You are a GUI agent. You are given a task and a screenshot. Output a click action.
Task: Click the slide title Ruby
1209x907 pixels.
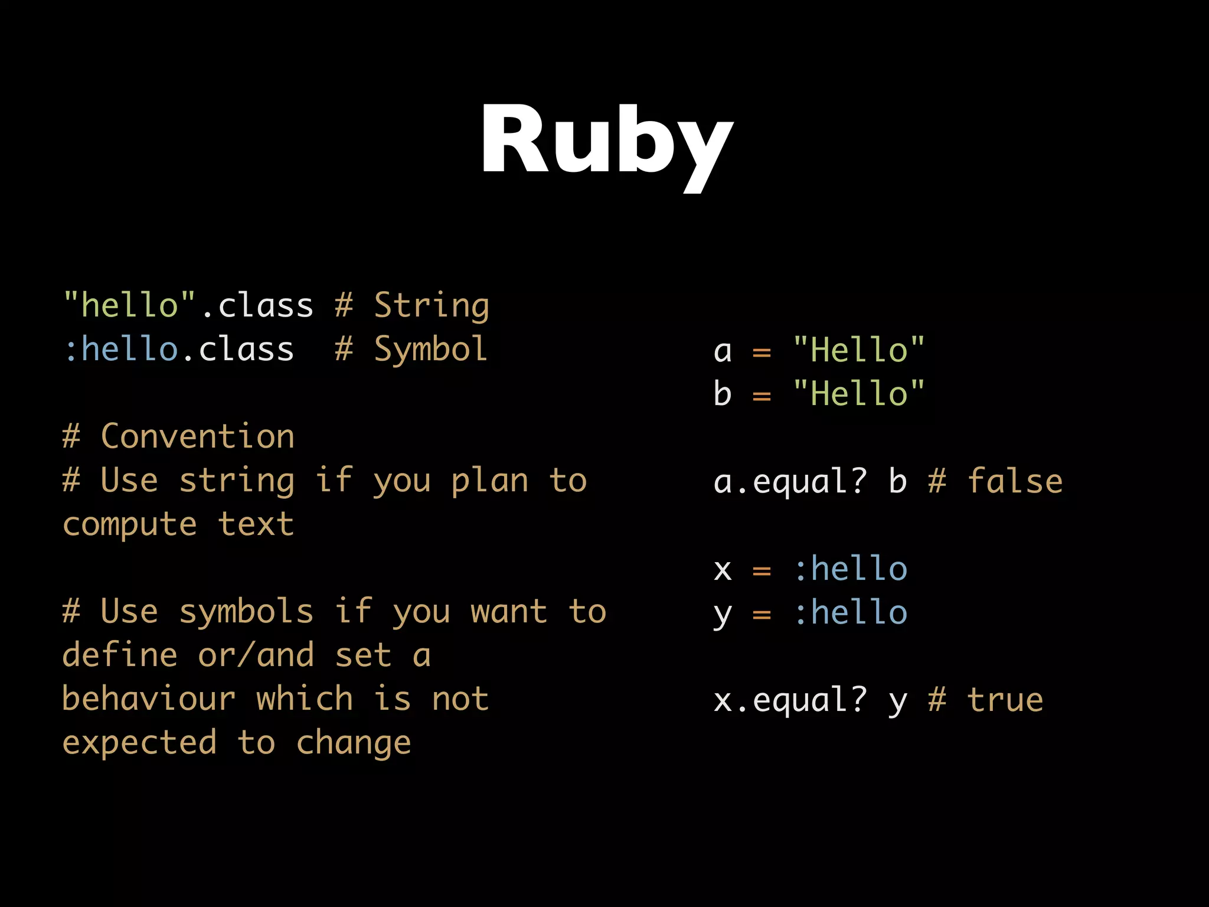606,142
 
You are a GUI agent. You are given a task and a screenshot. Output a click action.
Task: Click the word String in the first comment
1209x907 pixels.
432,306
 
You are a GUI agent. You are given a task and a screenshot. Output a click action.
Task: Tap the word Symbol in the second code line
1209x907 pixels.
430,350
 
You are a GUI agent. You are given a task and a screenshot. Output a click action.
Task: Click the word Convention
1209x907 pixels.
197,437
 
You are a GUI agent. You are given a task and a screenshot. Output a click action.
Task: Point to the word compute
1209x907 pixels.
129,525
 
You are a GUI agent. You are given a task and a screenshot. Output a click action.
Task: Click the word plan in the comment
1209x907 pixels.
489,481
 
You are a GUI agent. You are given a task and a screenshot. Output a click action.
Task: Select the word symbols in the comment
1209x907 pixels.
246,612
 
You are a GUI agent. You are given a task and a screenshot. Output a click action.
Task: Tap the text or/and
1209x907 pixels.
256,655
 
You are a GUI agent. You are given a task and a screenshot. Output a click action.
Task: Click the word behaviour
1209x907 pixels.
149,699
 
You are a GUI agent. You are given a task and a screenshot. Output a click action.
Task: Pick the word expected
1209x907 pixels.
139,743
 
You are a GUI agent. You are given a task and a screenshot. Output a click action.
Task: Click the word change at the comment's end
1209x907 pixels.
353,743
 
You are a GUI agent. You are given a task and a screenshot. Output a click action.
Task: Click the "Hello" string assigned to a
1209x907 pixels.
859,350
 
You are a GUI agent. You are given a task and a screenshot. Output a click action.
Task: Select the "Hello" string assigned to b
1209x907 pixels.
859,393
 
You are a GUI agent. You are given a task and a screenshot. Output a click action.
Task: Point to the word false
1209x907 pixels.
1015,481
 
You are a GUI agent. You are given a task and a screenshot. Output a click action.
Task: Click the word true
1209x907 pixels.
1005,700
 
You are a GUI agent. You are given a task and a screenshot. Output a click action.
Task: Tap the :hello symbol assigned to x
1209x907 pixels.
850,569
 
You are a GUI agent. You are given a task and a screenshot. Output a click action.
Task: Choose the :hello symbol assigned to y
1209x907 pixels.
850,613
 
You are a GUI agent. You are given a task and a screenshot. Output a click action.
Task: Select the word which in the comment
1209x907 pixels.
305,699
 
